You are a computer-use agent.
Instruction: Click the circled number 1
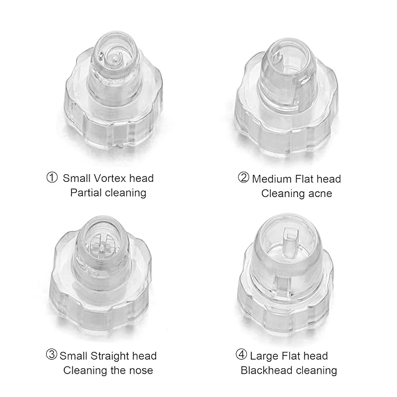[x=52, y=178]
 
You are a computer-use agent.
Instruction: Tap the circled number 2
[x=243, y=178]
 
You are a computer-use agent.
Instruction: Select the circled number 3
[x=52, y=355]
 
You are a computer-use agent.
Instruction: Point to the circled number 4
[x=241, y=355]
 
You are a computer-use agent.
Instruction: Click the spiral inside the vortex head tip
[x=115, y=57]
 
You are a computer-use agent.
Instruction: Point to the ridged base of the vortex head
[x=111, y=126]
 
